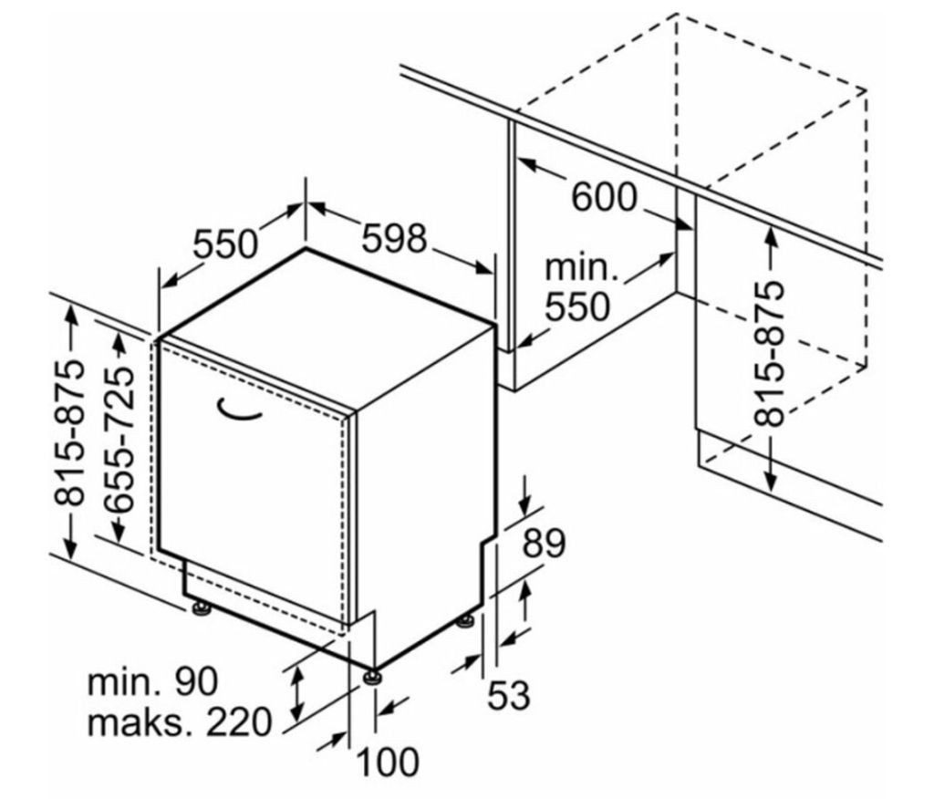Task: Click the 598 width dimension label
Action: click(394, 239)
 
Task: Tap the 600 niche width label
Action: click(603, 197)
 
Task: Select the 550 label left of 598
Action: click(227, 244)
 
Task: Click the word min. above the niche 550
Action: click(581, 268)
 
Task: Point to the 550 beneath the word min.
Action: click(577, 307)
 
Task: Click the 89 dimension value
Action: click(544, 544)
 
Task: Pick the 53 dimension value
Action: click(508, 696)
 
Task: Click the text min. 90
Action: click(153, 681)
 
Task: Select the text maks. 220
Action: click(180, 723)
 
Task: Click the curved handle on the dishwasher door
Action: click(239, 411)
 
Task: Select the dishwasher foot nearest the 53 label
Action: click(466, 622)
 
